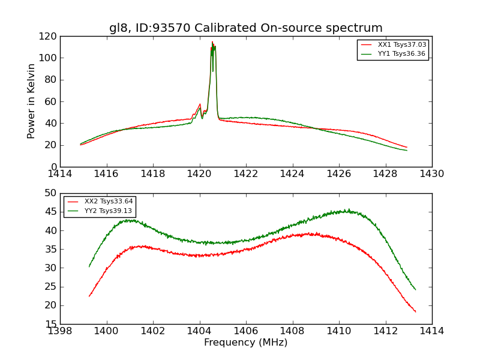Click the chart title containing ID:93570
(245, 28)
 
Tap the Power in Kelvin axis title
(31, 101)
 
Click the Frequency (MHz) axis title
(245, 343)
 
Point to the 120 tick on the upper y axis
(49, 37)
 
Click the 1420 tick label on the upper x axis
(199, 173)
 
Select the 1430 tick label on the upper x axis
(431, 173)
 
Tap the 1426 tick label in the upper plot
(338, 173)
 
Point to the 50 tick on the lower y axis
(51, 193)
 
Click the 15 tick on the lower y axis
(51, 324)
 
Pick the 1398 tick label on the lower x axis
(60, 331)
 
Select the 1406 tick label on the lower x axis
(245, 331)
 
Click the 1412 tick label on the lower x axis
(385, 331)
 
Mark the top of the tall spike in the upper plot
(212, 42)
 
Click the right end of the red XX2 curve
(415, 311)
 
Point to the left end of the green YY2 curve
(89, 266)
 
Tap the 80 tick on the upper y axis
(51, 80)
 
